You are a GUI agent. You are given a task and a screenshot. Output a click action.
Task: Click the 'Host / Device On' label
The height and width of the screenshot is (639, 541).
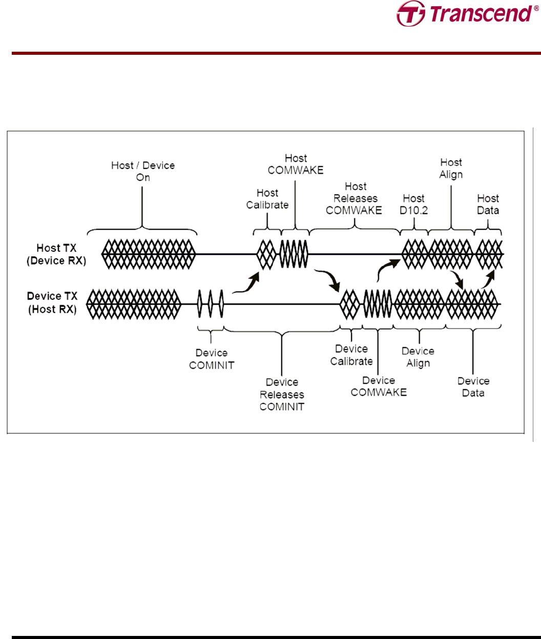(143, 171)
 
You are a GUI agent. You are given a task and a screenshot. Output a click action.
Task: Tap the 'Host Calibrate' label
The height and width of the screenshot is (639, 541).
(267, 199)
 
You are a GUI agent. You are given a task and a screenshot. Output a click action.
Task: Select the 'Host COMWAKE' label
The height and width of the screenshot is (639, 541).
(296, 164)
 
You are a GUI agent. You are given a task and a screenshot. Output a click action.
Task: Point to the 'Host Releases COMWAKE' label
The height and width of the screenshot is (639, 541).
(355, 198)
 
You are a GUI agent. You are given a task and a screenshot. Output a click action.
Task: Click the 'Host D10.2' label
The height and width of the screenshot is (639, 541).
(413, 204)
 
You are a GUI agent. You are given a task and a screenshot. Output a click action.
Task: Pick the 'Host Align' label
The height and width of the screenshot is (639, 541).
(451, 168)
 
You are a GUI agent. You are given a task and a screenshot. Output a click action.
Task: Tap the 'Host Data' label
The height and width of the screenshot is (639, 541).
(488, 204)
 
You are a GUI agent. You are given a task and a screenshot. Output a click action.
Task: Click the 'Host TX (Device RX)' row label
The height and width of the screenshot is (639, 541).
(56, 254)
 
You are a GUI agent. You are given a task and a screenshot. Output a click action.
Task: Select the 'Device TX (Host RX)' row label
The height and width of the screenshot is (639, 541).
(52, 303)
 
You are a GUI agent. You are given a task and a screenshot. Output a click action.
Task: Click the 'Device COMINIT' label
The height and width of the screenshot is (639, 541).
(212, 359)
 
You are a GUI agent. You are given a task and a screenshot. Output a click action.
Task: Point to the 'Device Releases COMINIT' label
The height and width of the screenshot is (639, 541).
(282, 394)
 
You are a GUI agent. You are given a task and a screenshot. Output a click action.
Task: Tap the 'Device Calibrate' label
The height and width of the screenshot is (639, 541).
(351, 355)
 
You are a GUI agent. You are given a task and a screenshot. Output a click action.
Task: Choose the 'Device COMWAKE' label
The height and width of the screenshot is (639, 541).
(379, 386)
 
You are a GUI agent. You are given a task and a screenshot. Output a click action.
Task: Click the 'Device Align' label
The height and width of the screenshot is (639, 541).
(418, 357)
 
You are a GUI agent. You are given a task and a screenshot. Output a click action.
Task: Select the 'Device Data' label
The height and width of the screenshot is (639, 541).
(473, 387)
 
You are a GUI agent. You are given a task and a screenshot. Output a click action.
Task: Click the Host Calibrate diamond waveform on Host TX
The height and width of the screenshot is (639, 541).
(266, 254)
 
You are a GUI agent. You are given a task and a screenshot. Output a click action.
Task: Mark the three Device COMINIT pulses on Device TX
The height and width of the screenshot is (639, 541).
(211, 304)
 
